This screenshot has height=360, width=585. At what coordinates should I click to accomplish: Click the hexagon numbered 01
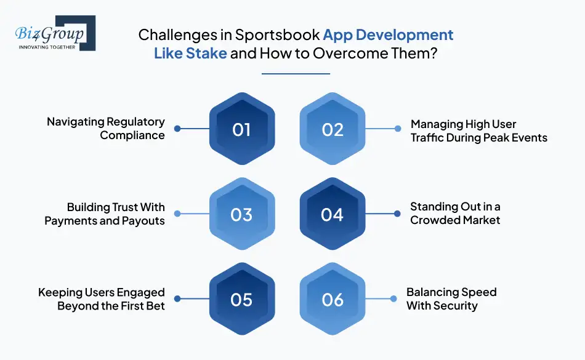(242, 129)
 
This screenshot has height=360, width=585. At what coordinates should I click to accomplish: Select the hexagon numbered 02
(333, 129)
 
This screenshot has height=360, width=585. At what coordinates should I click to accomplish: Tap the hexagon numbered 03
(242, 214)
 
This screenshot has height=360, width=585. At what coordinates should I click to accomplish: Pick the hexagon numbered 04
(333, 214)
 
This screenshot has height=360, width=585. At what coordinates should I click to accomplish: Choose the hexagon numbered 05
(242, 298)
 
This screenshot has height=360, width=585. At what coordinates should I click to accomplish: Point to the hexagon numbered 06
(333, 298)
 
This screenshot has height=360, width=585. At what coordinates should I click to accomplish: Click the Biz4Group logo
(55, 33)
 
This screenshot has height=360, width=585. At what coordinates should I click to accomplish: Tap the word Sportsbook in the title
(278, 34)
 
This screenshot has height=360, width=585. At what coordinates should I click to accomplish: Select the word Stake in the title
(206, 54)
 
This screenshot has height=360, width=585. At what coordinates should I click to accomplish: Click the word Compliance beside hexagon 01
(132, 135)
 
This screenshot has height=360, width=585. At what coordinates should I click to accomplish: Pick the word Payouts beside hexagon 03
(143, 221)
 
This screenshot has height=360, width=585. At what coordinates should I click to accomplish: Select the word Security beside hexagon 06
(456, 306)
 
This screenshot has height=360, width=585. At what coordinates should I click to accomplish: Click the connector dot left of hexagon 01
(177, 129)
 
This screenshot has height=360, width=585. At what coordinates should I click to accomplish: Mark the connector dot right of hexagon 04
(397, 214)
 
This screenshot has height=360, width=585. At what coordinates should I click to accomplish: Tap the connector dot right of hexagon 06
(393, 298)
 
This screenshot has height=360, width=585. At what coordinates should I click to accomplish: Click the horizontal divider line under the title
(296, 74)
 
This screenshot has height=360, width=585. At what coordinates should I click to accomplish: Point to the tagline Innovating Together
(47, 47)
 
